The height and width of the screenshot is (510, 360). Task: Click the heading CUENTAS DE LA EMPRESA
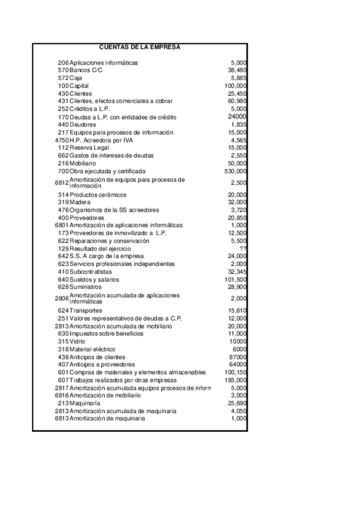tap(139, 46)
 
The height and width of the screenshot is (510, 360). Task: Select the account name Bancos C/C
tap(82, 70)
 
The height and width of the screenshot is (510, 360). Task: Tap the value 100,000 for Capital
tap(236, 86)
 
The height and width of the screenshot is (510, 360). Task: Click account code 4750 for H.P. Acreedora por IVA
tap(61, 140)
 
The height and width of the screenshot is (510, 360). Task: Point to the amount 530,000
tap(236, 171)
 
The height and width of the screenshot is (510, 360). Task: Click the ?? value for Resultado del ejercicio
tap(243, 248)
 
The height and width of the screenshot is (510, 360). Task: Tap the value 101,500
tap(236, 280)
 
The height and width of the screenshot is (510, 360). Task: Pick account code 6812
tap(61, 182)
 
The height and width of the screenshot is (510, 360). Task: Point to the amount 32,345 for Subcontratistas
tap(237, 272)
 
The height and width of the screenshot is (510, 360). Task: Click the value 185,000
tap(236, 380)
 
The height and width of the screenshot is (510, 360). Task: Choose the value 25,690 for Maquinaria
tap(237, 404)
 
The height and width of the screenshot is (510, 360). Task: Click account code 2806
tap(61, 298)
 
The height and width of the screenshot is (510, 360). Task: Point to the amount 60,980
tap(237, 101)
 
